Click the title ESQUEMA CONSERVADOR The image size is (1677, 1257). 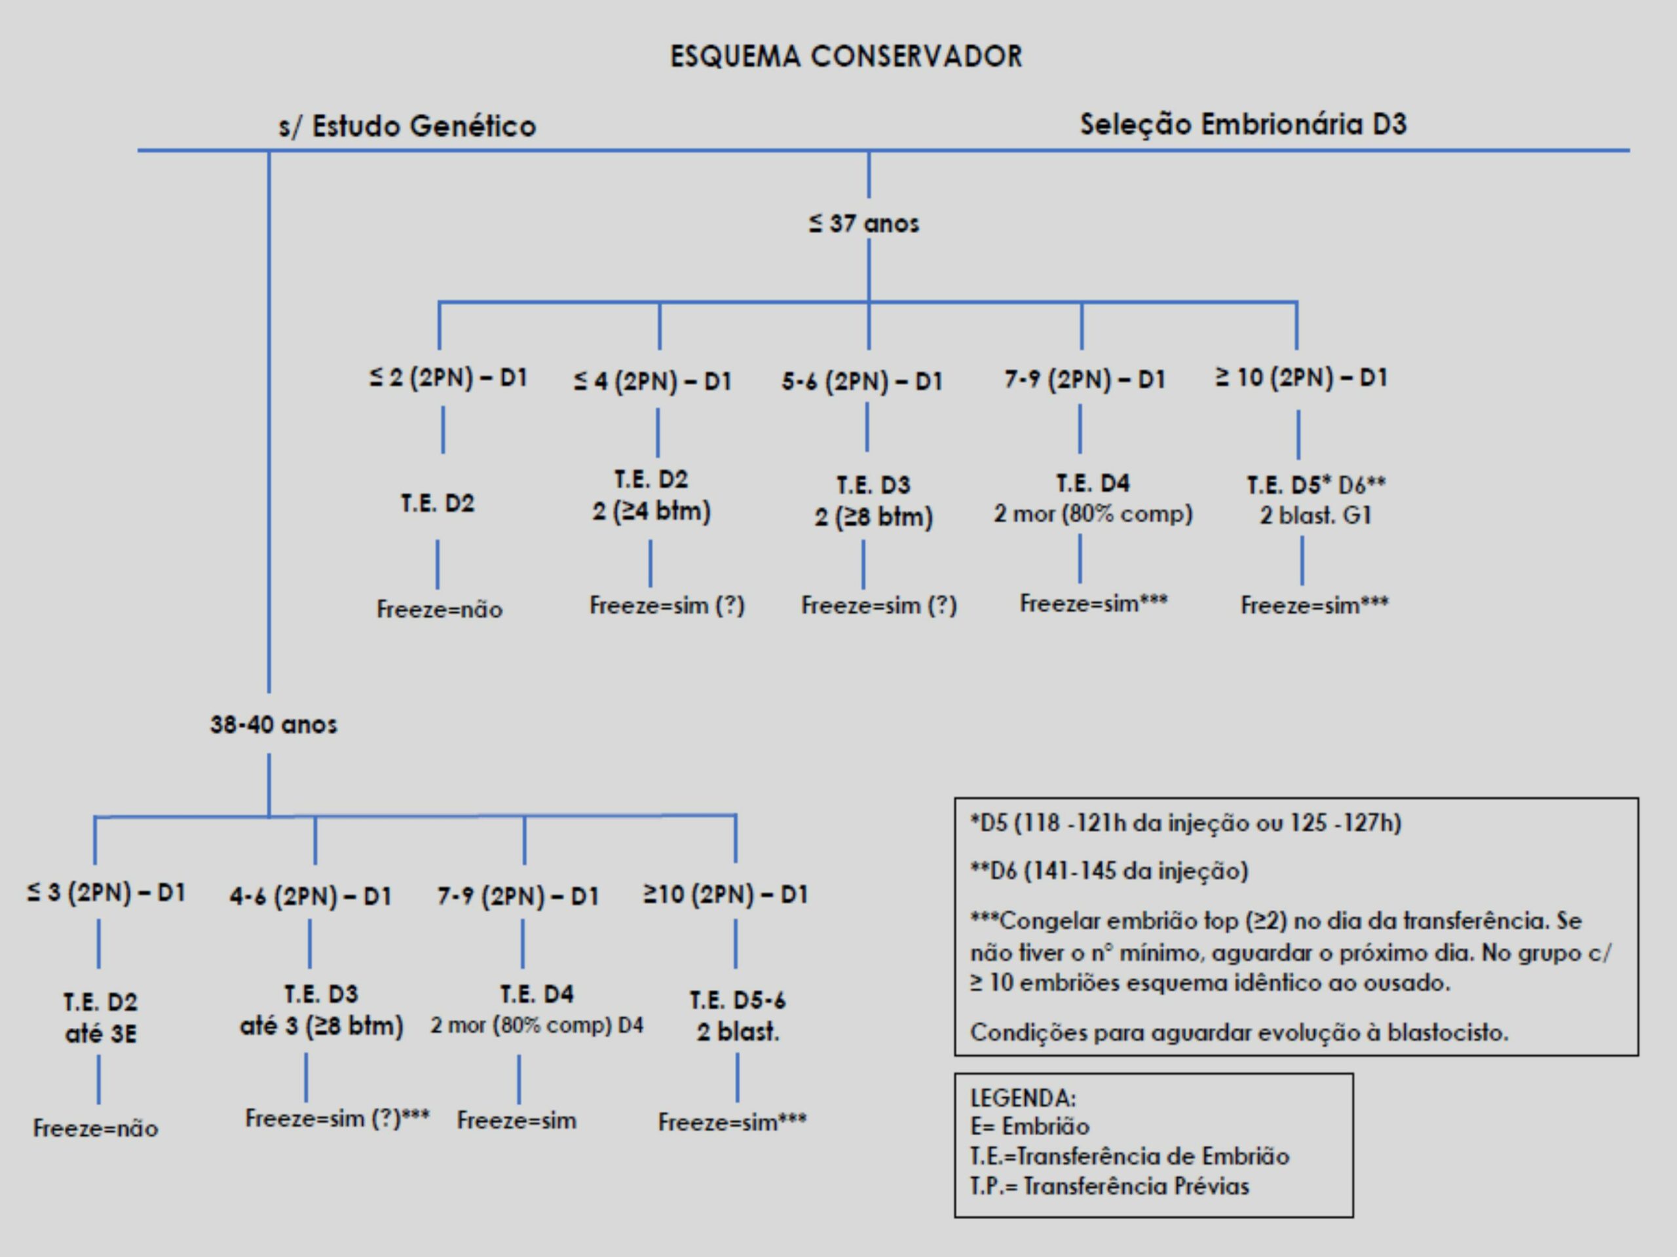[x=846, y=57]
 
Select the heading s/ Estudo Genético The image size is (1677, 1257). [x=407, y=126]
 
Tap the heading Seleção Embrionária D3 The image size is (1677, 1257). [x=1243, y=124]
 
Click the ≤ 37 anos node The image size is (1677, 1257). [x=863, y=223]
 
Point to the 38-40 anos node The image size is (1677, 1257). [x=274, y=724]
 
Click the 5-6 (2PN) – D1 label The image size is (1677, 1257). [x=862, y=381]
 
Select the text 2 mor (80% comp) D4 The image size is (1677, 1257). [x=537, y=1026]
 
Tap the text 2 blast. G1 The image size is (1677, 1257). [x=1315, y=516]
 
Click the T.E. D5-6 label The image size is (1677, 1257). [x=738, y=1000]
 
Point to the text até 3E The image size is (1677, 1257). [x=101, y=1034]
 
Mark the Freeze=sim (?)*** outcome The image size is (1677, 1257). [x=337, y=1118]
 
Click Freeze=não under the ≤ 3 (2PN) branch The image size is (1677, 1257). [x=96, y=1128]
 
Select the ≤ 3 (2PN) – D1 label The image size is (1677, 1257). [x=106, y=892]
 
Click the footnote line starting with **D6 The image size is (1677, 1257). [x=1108, y=871]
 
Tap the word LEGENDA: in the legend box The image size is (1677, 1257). [x=1023, y=1098]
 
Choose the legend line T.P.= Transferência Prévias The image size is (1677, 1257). [x=1109, y=1186]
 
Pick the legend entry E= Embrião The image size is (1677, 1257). [x=1030, y=1127]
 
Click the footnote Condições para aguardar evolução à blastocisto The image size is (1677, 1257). [x=1239, y=1032]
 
